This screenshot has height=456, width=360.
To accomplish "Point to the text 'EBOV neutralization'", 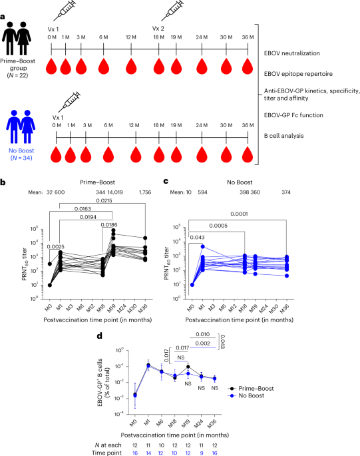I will pos(290,51).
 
